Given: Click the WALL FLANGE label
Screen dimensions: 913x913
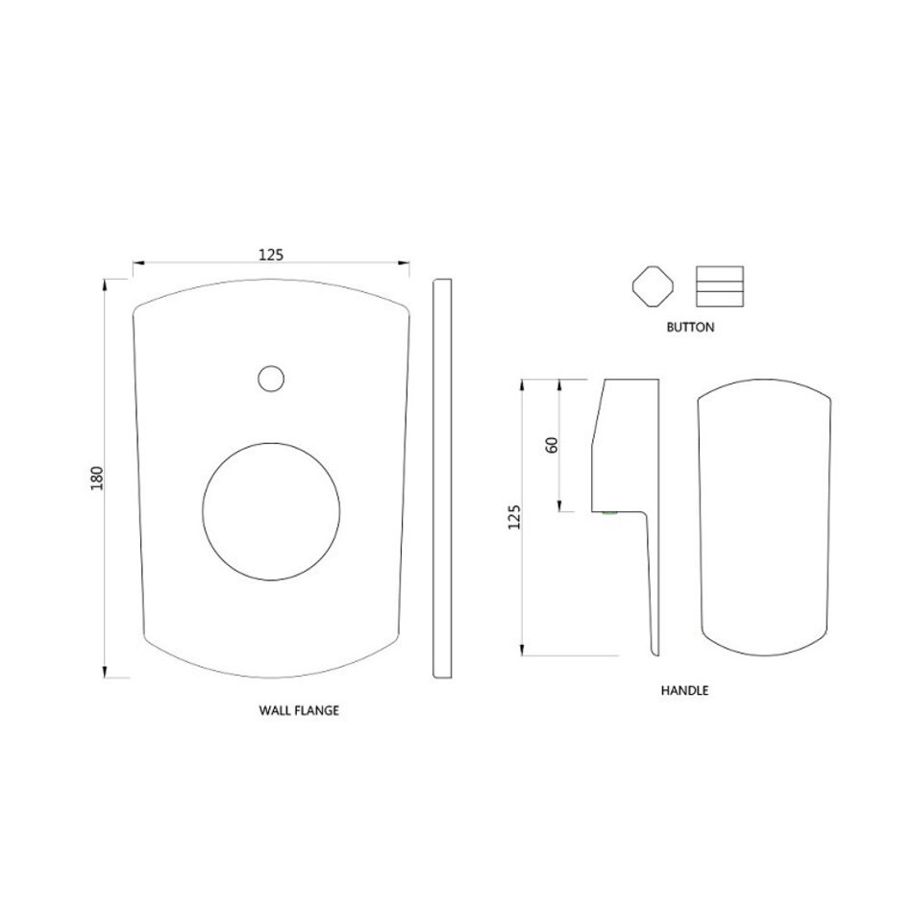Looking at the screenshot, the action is coord(299,710).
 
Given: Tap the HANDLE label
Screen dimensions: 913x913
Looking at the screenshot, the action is coord(684,691).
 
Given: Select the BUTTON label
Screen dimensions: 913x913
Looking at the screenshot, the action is coord(691,327).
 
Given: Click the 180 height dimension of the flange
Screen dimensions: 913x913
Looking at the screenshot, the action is coord(97,478).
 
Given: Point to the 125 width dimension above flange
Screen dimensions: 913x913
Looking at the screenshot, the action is coord(271,255).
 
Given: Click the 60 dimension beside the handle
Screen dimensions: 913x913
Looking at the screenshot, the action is coord(552,445).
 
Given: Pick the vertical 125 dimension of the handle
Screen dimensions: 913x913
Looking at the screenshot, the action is coord(514,517).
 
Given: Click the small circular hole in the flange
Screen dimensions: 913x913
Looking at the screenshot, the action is coord(271,379).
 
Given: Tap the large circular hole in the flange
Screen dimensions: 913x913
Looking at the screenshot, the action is coord(271,512).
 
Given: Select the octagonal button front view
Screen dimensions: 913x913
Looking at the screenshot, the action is coord(654,286).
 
